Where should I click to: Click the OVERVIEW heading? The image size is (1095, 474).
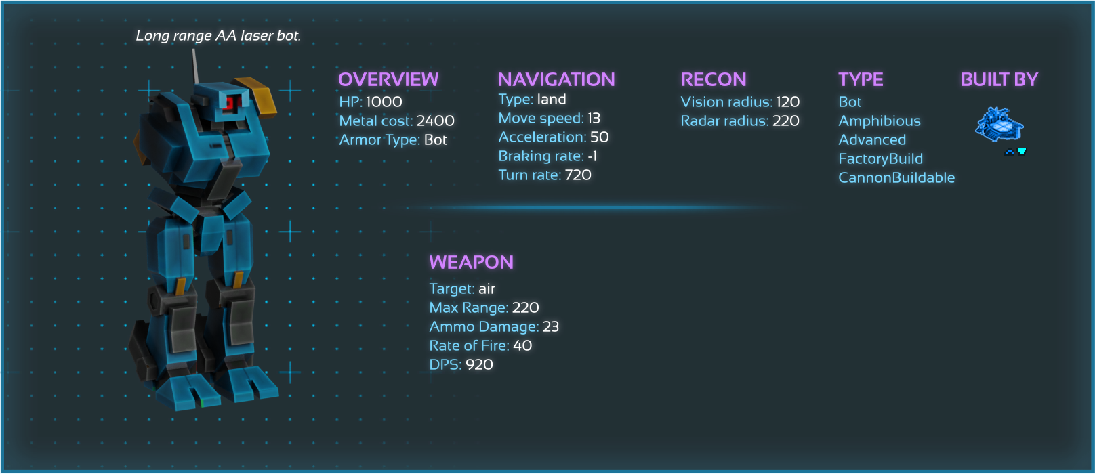pos(388,80)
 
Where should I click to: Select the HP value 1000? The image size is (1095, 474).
pos(384,102)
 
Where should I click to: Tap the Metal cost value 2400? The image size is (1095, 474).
pos(435,121)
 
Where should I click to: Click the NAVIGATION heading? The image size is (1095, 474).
pos(556,80)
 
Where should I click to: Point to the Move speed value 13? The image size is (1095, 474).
pos(594,118)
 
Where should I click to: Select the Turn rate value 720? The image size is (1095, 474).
pos(578,175)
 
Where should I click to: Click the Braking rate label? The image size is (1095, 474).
pos(541,156)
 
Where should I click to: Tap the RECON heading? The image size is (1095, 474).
pos(714,80)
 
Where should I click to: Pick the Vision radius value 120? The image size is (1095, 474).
pos(787,102)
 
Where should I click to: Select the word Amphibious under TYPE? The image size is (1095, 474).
pos(880,121)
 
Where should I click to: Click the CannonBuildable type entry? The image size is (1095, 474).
pos(896,178)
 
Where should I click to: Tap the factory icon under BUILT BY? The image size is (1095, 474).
pos(999,125)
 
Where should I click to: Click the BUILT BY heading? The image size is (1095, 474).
pos(999,80)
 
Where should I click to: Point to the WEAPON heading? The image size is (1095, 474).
pos(472,263)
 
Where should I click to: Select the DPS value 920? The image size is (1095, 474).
pos(479,365)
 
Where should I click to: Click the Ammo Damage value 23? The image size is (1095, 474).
pos(551,327)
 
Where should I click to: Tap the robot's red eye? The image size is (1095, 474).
pos(231,103)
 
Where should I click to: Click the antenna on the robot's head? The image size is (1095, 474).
pos(195,66)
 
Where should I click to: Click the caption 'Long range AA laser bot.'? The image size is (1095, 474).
pos(218,36)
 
